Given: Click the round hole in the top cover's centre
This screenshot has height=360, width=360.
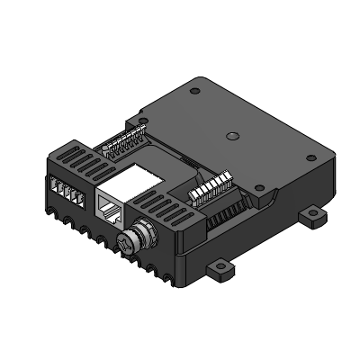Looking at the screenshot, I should [232, 137].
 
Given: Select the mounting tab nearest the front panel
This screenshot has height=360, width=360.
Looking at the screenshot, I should [220, 269].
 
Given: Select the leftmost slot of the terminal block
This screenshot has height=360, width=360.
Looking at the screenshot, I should [56, 189].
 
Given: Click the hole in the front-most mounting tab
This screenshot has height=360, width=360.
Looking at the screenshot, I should [220, 271].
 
